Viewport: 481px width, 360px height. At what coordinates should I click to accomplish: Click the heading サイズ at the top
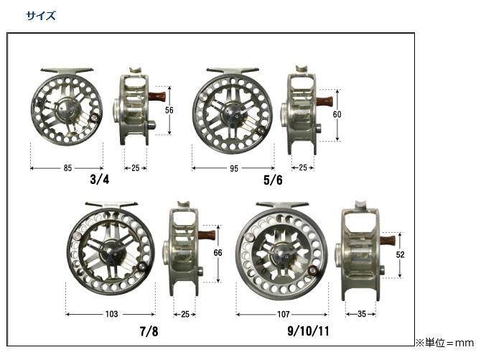pos(40,15)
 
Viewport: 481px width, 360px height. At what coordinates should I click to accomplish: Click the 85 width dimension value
pos(67,168)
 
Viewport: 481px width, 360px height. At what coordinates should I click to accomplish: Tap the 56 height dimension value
pos(169,110)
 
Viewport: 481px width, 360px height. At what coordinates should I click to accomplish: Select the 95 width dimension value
pos(234,168)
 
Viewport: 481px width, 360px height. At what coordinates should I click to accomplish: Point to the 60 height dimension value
pos(337,114)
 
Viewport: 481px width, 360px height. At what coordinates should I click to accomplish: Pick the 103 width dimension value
pos(111,314)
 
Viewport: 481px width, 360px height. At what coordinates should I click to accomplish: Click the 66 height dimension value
pos(218,252)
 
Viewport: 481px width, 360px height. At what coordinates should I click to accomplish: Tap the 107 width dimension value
pos(283,314)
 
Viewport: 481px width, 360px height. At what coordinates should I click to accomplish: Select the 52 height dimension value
pos(400,254)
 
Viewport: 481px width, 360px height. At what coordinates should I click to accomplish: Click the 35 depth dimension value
pos(362,314)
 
